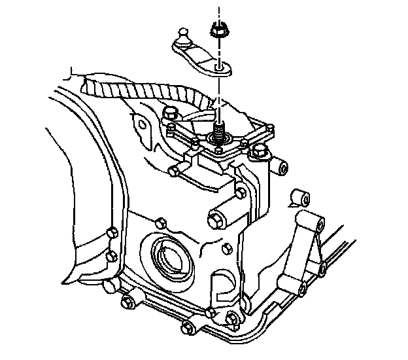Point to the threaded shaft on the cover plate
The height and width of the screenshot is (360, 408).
pyautogui.click(x=219, y=124)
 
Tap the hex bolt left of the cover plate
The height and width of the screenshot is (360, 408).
pyautogui.click(x=171, y=113)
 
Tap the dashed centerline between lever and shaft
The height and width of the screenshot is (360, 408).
pyautogui.click(x=220, y=92)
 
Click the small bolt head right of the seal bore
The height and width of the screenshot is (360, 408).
pyautogui.click(x=226, y=247)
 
